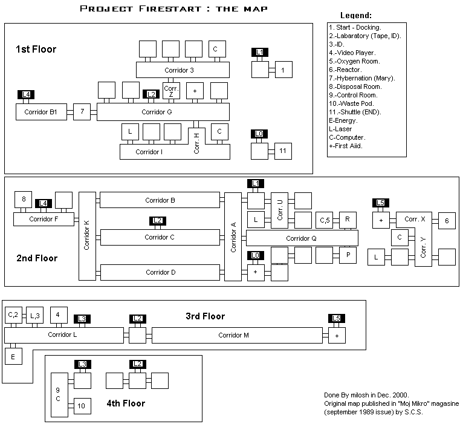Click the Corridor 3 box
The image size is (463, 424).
pos(183,70)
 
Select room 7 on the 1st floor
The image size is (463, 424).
pos(82,112)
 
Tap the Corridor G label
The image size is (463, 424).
pos(157,112)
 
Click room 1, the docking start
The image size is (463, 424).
pos(283,70)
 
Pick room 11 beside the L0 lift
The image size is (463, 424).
pos(283,151)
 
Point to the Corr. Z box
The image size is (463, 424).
pos(171,91)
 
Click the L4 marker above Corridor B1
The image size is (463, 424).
pos(26,94)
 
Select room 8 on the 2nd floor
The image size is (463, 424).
pos(24,200)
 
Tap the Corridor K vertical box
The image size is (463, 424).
pos(87,236)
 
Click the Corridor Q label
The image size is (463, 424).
pos(301,238)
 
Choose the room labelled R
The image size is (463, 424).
pos(348,220)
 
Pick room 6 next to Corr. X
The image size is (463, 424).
pos(447,221)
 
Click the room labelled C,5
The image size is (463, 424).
pos(324,220)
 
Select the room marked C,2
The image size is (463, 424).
pos(13,315)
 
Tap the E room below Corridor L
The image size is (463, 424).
pos(13,356)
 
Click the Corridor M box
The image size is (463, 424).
pos(237,335)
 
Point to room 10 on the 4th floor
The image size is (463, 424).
pos(82,406)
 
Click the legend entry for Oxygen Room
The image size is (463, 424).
pos(355,61)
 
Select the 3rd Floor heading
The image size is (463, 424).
pos(206,316)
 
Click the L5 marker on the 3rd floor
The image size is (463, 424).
pos(337,318)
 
